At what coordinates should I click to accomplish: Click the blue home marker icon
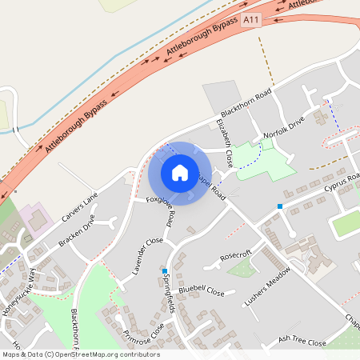click(x=180, y=173)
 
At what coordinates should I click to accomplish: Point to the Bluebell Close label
click(x=201, y=291)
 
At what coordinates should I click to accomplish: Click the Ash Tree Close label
click(x=302, y=342)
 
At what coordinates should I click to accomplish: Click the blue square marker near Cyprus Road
click(x=280, y=206)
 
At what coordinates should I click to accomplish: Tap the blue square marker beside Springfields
click(x=165, y=271)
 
